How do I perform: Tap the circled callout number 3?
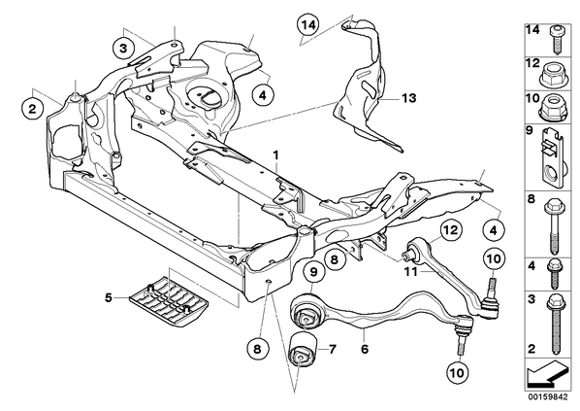[x=123, y=49]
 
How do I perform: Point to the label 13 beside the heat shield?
[x=409, y=98]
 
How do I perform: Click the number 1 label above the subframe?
[x=275, y=155]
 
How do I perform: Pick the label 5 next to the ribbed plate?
[x=108, y=297]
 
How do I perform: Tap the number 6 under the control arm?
[x=365, y=349]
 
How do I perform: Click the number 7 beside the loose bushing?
[x=332, y=349]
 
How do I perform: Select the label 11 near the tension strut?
[x=411, y=272]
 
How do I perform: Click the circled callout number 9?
[x=313, y=272]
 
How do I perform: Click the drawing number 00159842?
[x=548, y=397]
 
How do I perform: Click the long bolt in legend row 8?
[x=554, y=226]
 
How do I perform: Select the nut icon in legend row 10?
[x=553, y=107]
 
